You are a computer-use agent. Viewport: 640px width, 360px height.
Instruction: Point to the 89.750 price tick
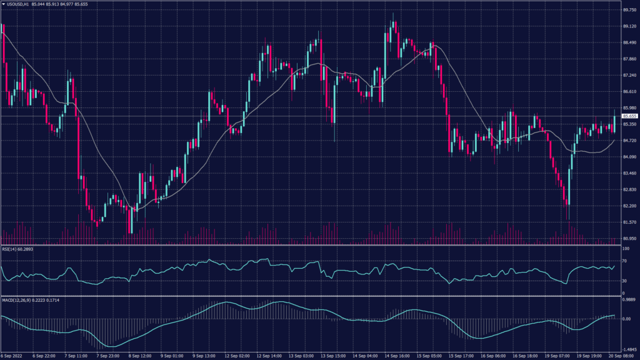629,10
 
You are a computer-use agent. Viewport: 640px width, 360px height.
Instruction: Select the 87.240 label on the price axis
629,76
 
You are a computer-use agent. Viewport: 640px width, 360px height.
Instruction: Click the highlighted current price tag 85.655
629,116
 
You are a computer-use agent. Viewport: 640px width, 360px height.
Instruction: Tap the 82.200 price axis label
629,206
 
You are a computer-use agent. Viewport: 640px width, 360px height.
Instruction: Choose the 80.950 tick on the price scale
629,239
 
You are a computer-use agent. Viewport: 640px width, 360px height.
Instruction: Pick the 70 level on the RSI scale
624,261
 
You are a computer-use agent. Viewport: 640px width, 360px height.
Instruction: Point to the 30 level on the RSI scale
624,281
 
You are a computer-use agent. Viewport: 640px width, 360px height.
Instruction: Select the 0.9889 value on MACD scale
628,300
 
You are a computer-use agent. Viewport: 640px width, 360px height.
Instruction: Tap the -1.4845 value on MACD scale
628,351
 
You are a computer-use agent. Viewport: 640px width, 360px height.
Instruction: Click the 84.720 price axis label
629,141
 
